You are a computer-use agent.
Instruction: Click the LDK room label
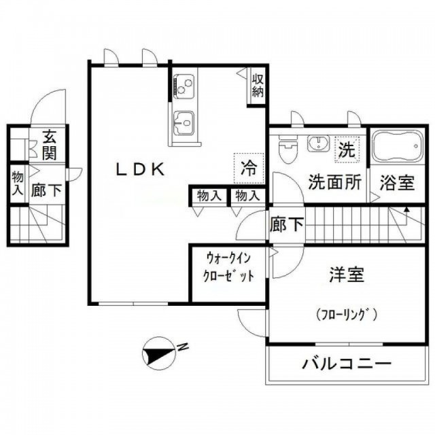tap(140, 169)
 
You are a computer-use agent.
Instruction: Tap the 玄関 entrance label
tap(50, 145)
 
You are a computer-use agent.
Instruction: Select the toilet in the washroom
tap(288, 148)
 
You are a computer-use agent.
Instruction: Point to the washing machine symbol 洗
tap(347, 150)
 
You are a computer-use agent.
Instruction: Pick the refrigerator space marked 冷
tap(249, 168)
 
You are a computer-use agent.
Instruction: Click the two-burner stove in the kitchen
tap(183, 86)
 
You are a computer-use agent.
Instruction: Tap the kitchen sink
tap(183, 122)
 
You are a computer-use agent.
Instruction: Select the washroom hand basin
tap(318, 143)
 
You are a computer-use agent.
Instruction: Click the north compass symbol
tap(158, 353)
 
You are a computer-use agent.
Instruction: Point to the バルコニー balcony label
tap(347, 363)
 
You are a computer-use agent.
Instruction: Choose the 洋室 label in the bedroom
tap(347, 274)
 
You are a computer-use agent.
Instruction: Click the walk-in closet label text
tap(228, 267)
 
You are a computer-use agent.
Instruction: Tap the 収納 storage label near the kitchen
tap(258, 86)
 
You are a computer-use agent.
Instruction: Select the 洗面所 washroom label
tap(335, 182)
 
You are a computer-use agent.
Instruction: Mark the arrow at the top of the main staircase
tap(406, 210)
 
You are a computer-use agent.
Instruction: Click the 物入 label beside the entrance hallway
tap(18, 183)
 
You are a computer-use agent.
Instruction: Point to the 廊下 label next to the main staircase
tap(287, 224)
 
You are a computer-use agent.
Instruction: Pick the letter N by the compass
tap(183, 347)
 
